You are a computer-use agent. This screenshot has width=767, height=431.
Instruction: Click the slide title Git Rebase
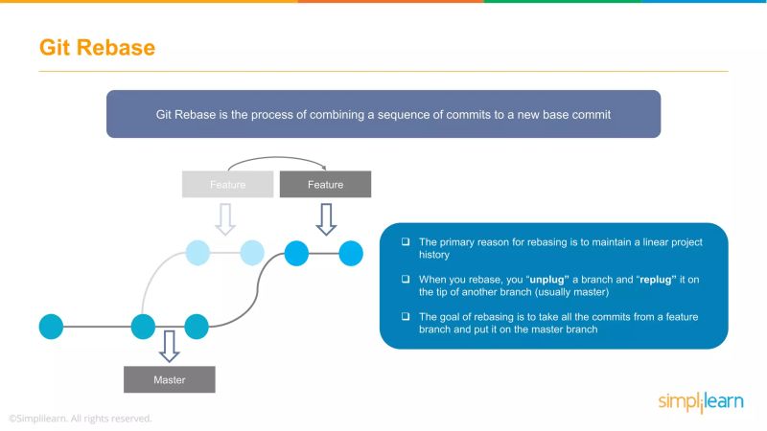pos(97,47)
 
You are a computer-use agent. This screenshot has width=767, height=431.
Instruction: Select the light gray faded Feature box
pos(227,184)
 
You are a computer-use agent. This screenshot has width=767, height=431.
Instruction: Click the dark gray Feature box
pos(325,184)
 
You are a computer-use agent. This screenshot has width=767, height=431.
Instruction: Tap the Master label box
pos(170,379)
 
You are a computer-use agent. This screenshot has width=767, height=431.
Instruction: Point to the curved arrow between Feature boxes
pos(276,160)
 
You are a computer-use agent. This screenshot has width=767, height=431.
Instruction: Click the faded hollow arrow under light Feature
pos(225,217)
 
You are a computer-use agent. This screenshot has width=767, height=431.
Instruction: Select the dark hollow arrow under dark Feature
pos(326,217)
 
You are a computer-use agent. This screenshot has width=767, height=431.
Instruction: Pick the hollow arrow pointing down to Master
pos(170,345)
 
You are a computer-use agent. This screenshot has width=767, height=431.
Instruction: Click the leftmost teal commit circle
pos(51,326)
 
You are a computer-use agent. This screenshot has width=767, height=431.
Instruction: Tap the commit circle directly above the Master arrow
pos(143,326)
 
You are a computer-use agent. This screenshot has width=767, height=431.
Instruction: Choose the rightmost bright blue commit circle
pos(351,253)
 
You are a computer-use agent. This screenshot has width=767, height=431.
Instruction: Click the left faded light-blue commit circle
pos(197,253)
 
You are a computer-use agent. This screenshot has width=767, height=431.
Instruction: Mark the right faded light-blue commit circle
pos(252,253)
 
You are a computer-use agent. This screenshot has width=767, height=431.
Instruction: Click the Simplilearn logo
pos(700,402)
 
